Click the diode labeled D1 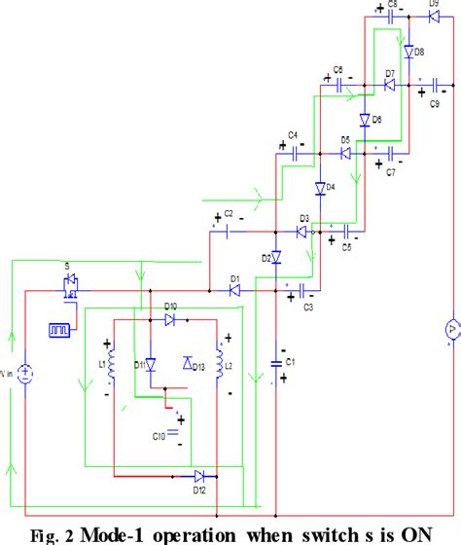(x=234, y=290)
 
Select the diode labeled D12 (x=200, y=476)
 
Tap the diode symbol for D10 (x=171, y=318)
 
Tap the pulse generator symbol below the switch (x=57, y=329)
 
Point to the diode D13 (x=188, y=363)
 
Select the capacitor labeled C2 (x=227, y=232)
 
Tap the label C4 (x=292, y=134)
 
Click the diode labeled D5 (x=345, y=153)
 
